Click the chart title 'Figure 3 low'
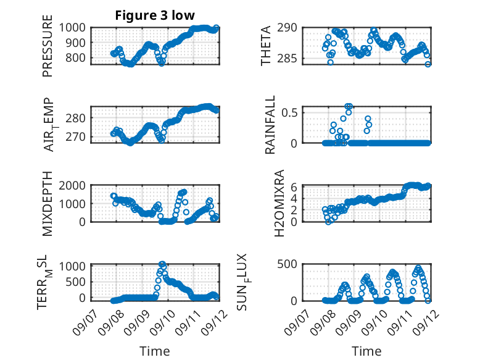click(155, 15)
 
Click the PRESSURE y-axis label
click(48, 46)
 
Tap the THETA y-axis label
click(266, 46)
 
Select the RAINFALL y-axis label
click(270, 125)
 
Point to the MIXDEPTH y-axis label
click(48, 203)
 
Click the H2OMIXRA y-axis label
click(279, 203)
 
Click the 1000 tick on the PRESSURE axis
click(72, 28)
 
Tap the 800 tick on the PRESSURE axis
click(76, 57)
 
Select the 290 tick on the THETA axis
click(288, 28)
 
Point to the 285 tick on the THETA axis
click(288, 58)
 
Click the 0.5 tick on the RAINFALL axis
click(289, 112)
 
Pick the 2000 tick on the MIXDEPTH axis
click(72, 185)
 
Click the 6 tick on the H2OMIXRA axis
click(294, 186)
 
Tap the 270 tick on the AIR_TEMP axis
click(76, 136)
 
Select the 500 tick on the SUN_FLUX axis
click(288, 264)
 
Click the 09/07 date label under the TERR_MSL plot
click(85, 322)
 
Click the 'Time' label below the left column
click(155, 351)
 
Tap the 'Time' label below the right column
click(366, 351)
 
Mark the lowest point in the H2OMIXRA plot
click(328, 222)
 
